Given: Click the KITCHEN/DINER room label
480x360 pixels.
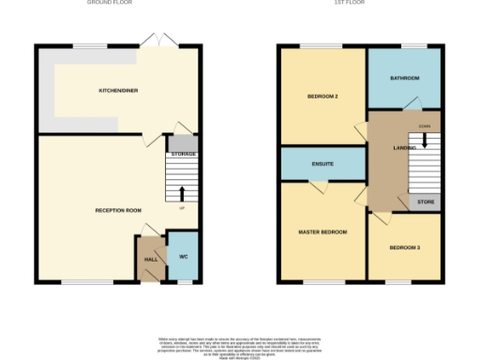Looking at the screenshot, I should coord(119,91).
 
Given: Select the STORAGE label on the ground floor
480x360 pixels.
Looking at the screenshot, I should coord(183,153).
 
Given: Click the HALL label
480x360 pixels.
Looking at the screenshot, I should coord(150,260).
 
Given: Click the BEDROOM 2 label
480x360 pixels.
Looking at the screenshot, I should coord(322,97).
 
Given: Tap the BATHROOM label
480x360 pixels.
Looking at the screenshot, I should coord(405,78).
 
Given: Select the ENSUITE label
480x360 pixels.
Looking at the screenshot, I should coord(322,164).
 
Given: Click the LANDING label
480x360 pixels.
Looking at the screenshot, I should coord(405,148).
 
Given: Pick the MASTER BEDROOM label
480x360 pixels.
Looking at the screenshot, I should coord(322,232).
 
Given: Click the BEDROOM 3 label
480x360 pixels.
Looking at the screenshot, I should coord(404,247).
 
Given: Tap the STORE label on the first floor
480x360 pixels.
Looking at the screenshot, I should coord(427,201).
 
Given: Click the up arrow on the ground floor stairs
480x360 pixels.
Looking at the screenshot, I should coord(182,195).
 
